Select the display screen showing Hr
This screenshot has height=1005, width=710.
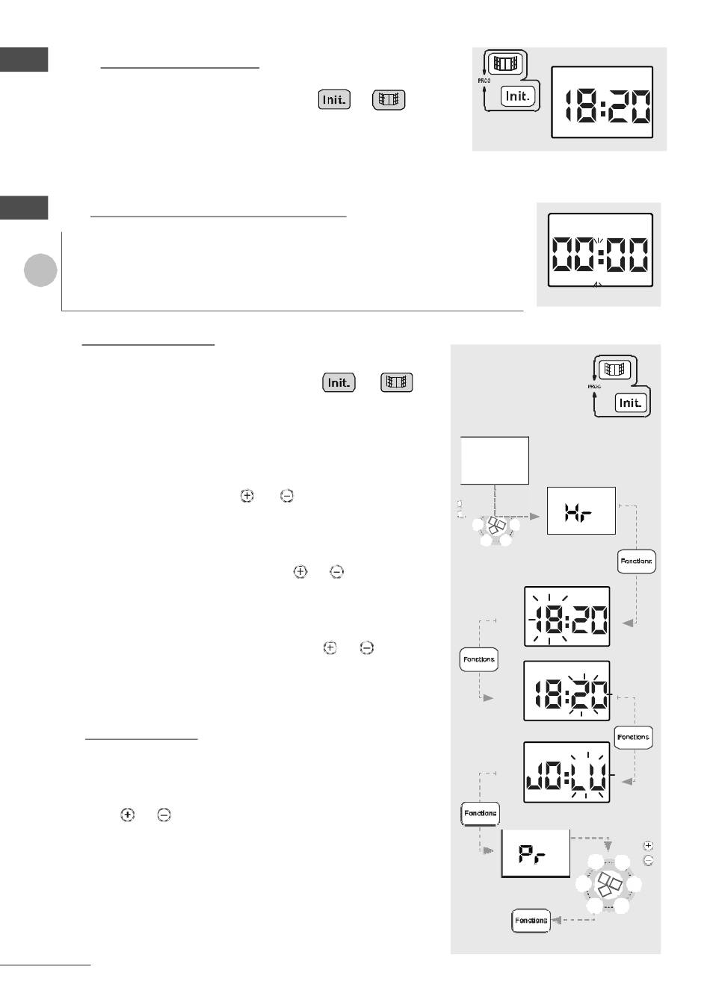581,511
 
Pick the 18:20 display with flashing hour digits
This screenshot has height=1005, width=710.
567,616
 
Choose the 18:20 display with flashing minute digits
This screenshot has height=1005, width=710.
567,691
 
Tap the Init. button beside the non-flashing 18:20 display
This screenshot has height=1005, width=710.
518,96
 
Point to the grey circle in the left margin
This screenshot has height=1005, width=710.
40,270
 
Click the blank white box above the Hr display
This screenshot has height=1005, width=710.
495,461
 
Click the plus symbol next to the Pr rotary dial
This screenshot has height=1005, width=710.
648,845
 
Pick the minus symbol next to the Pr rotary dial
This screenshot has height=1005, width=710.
648,860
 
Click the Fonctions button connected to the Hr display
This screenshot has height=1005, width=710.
637,561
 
